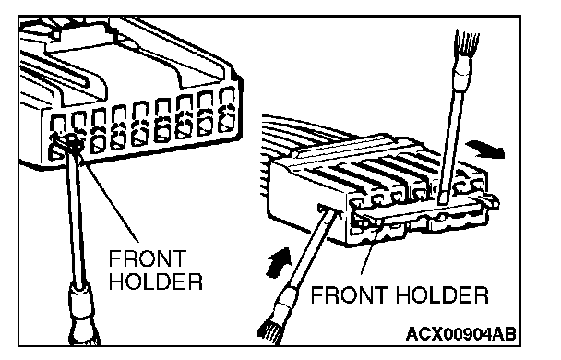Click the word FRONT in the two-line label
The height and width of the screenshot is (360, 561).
point(148,258)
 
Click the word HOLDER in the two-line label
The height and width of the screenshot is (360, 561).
point(156,282)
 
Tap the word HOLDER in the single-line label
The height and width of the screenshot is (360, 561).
point(442,294)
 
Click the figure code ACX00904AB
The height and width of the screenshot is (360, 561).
point(461,334)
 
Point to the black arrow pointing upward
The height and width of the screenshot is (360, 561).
point(279,262)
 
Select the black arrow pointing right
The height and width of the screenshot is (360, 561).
point(487,149)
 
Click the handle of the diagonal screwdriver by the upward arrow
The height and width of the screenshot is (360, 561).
point(278,315)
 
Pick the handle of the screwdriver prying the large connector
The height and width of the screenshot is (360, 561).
point(83,315)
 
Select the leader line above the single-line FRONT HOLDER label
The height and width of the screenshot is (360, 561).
point(368,253)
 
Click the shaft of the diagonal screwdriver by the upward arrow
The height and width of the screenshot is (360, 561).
point(311,249)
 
